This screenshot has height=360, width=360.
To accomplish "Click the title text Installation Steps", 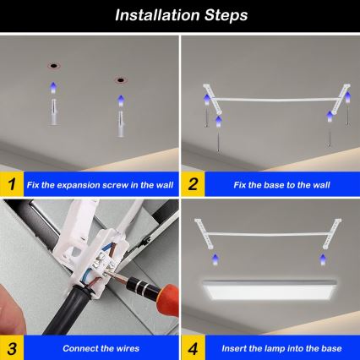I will [x=180, y=15].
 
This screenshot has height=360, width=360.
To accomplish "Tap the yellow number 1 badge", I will [x=10, y=183].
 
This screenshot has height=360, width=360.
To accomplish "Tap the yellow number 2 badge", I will [x=193, y=183].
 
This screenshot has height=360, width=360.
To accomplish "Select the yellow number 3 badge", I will [x=10, y=347].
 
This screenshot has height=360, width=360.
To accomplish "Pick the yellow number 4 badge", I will [x=193, y=347].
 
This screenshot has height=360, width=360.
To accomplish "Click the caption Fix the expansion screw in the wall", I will [x=98, y=183].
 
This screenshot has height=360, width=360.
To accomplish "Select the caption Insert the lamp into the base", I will [x=275, y=347].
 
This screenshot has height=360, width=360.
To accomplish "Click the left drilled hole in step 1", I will [x=52, y=65].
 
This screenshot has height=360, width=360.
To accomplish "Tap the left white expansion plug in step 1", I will [x=52, y=109].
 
